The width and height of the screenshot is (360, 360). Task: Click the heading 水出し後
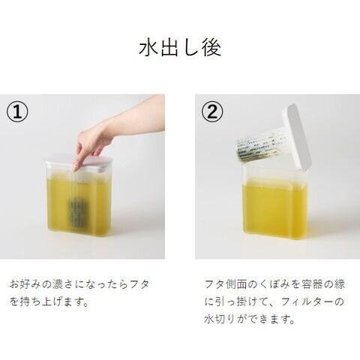coord(180,47)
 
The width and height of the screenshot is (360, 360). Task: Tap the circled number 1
coord(17,112)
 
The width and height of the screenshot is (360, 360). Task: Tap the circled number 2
coord(212,112)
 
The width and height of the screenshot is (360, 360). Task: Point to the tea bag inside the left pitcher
coord(79,213)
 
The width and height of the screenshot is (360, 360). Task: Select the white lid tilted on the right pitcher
coord(297,137)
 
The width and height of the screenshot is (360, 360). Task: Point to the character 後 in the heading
coord(212,47)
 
